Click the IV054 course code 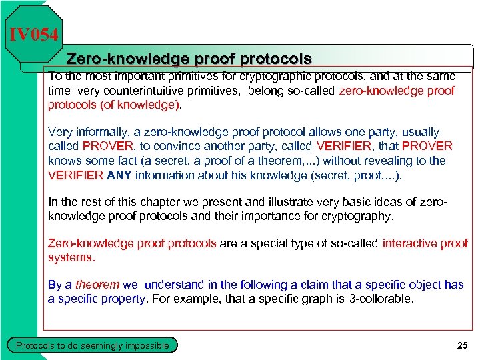pos(34,34)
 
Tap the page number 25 pos(462,345)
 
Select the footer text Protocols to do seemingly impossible pos(92,345)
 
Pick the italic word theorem pos(97,285)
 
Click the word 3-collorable pos(381,299)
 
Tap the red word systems pos(71,257)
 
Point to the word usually pos(417,133)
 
